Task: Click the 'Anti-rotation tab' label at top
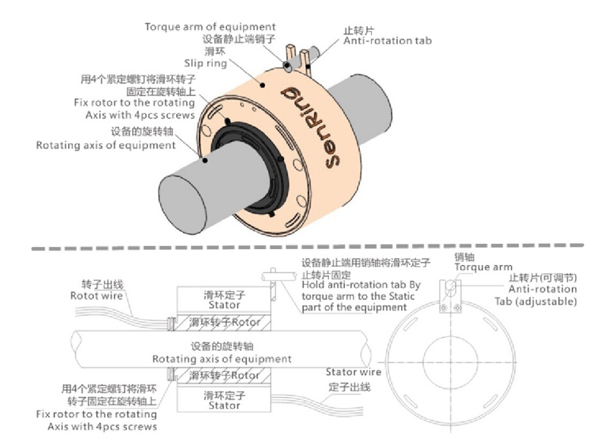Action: pos(387,41)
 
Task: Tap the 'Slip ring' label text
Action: pos(206,63)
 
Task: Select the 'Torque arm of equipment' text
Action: pos(210,27)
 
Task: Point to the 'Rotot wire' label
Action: pos(96,296)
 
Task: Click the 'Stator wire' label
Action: pos(353,372)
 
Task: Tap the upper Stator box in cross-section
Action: pos(224,299)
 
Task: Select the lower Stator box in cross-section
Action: pos(224,400)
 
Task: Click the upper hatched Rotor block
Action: pos(222,321)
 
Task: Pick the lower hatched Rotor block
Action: pos(222,376)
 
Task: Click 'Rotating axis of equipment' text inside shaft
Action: pos(222,359)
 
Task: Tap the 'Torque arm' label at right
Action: pos(483,267)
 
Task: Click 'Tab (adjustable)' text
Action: pos(535,302)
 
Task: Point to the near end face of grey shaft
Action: pos(183,204)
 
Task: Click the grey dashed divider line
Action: pos(307,247)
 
